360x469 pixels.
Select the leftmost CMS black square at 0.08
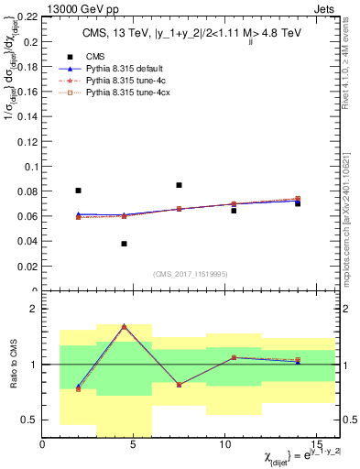[x=78, y=191]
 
